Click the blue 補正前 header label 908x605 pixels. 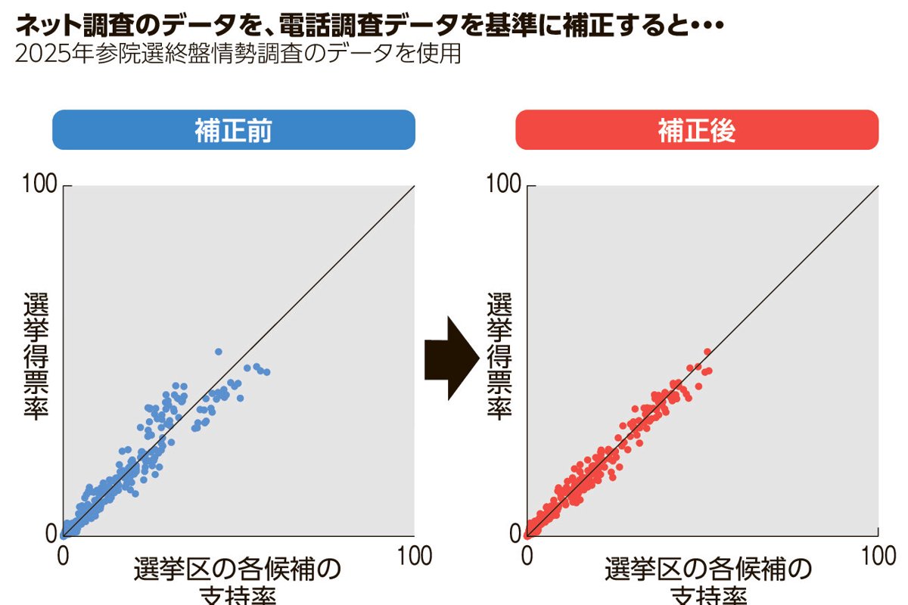point(233,131)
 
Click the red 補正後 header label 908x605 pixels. point(696,131)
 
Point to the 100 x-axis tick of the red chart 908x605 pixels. point(877,557)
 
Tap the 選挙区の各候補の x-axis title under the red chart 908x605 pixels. point(707,569)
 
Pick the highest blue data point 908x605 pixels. point(219,352)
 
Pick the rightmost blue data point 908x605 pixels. point(266,371)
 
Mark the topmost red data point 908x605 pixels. point(707,352)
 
